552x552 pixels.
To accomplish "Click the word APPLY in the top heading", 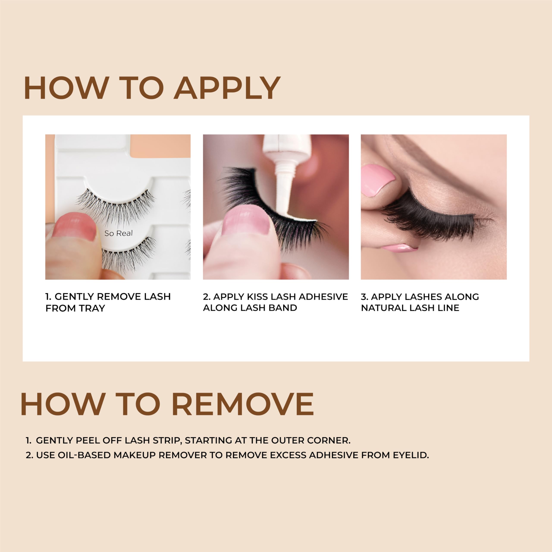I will pos(227,88).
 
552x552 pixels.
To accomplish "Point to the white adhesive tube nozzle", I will pos(283,183).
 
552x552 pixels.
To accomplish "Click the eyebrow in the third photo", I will pos(446,160).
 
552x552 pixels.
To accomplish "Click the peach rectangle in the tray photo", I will pos(160,146).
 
